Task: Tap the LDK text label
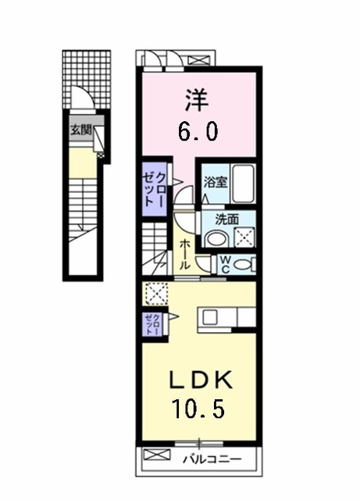pyautogui.click(x=200, y=380)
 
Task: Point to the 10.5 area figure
pyautogui.click(x=200, y=407)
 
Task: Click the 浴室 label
pyautogui.click(x=215, y=183)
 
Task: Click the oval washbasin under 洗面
pyautogui.click(x=218, y=237)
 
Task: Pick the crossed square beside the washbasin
pyautogui.click(x=244, y=237)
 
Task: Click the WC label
pyautogui.click(x=223, y=264)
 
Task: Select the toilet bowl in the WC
pyautogui.click(x=246, y=265)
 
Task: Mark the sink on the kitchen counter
pyautogui.click(x=212, y=316)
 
